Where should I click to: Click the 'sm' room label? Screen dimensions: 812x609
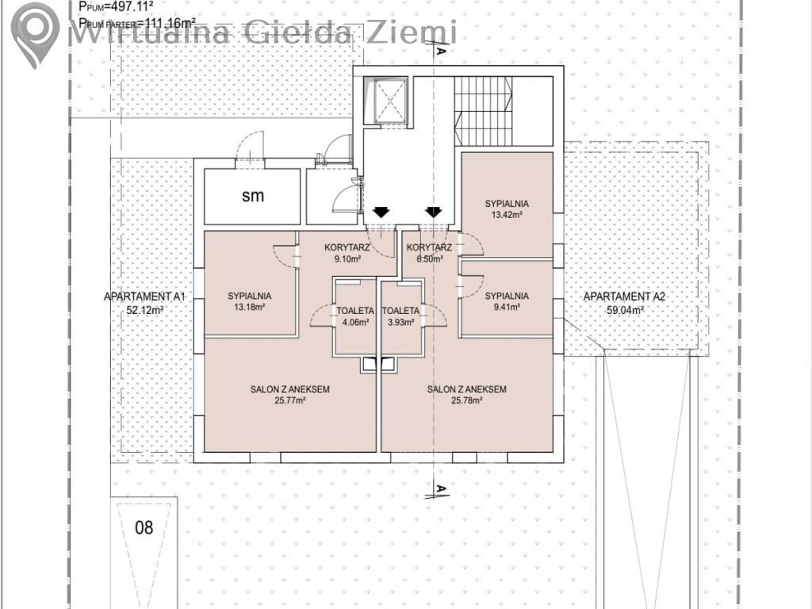pos(253,196)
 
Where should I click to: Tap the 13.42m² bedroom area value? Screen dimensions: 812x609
pos(507,215)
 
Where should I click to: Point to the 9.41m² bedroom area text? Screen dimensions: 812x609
pos(507,307)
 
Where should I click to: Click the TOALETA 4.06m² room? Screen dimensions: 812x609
pos(354,316)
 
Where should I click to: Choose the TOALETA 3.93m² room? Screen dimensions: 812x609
pos(400,316)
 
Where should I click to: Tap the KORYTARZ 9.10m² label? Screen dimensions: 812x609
pos(347,253)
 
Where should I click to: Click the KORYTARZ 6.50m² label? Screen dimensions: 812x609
pos(429,253)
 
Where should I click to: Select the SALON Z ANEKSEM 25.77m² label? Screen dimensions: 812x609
pos(290,394)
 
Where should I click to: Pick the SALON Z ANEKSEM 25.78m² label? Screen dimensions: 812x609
pos(466,394)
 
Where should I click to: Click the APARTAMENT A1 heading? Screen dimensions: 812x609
pos(144,297)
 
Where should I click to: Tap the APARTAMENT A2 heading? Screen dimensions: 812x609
pos(625,297)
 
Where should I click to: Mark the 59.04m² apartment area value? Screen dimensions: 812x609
pos(625,311)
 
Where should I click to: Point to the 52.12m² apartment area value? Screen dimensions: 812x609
pos(145,311)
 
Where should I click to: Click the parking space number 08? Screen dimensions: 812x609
pos(144,527)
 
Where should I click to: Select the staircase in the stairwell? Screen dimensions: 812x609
pos(483,111)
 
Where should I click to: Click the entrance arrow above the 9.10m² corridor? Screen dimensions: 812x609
pos(381,213)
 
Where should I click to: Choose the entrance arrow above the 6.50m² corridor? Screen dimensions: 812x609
pos(434,213)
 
